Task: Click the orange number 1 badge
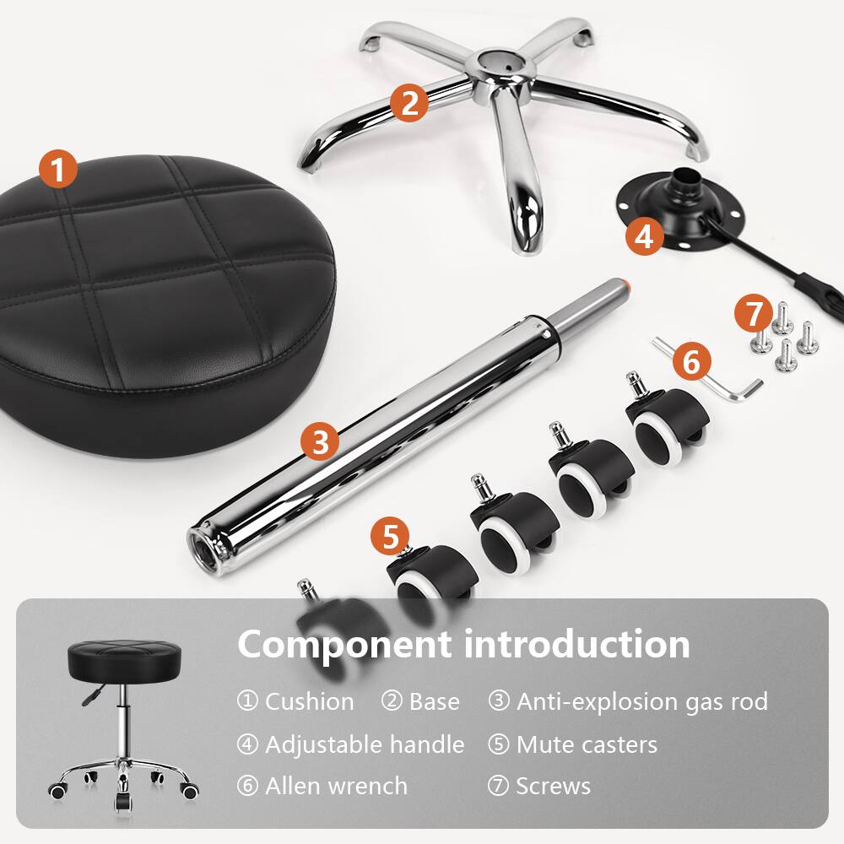[x=57, y=170]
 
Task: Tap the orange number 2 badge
[x=409, y=104]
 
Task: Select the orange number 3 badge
[x=320, y=441]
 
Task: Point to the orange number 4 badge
[x=644, y=236]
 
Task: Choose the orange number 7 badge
[x=752, y=314]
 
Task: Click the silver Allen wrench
[x=726, y=380]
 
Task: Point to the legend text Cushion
[x=309, y=701]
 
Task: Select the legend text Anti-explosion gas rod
[x=641, y=701]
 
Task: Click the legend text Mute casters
[x=586, y=744]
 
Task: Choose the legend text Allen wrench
[x=335, y=786]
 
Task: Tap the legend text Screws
[x=553, y=786]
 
